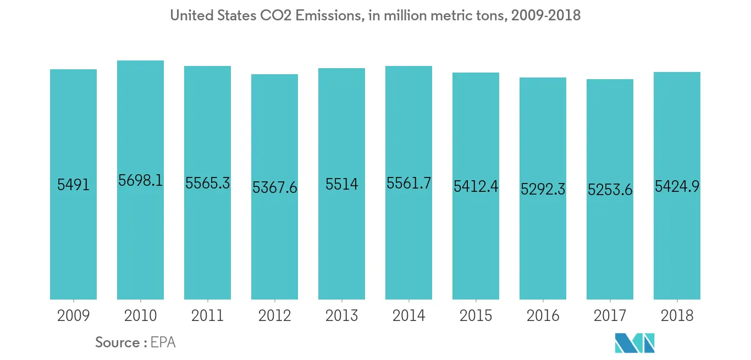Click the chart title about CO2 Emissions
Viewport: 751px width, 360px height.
click(x=375, y=15)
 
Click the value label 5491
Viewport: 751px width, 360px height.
click(x=73, y=185)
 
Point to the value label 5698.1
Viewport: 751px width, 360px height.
click(x=140, y=180)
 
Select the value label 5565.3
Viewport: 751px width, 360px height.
click(x=207, y=184)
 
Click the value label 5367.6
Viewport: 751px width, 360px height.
click(x=274, y=187)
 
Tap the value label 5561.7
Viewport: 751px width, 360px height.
click(x=408, y=184)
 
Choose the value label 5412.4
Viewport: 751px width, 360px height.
click(x=476, y=186)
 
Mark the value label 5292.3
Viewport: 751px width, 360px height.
click(x=543, y=189)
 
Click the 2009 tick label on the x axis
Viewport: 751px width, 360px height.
click(x=73, y=315)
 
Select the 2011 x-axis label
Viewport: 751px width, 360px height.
click(x=207, y=315)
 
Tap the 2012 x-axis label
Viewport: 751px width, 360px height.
click(x=274, y=315)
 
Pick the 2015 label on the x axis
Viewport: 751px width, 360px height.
click(x=476, y=315)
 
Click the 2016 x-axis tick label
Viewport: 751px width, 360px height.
click(x=543, y=315)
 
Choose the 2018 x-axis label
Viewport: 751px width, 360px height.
click(x=677, y=315)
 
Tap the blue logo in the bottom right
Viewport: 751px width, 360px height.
click(x=635, y=342)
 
